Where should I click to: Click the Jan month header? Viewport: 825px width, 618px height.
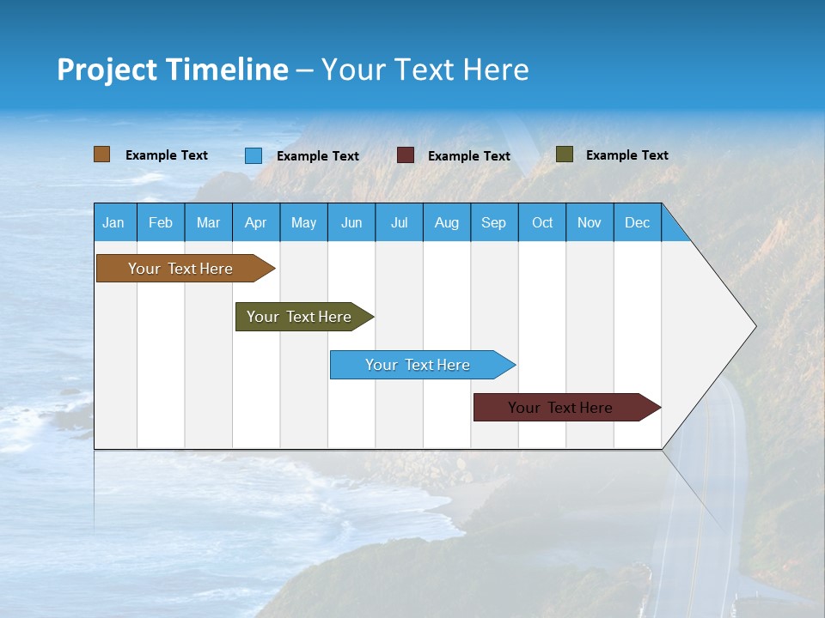coord(114,222)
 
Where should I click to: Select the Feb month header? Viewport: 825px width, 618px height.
coord(161,222)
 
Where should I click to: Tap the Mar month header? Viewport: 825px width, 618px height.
coord(208,222)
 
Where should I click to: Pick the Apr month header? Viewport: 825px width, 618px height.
coord(256,222)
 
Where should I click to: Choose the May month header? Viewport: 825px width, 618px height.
coord(303,222)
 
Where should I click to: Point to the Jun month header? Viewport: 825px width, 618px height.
coord(351,222)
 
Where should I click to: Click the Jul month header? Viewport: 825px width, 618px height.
coord(399,222)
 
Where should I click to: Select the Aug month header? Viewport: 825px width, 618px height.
coord(447,222)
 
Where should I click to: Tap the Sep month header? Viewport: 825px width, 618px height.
coord(494,222)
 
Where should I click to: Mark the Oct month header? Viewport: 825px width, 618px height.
coord(542,222)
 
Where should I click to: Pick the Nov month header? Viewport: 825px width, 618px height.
coord(590,222)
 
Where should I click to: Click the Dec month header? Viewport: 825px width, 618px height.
coord(638,222)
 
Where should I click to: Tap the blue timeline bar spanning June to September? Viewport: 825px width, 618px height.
coord(419,365)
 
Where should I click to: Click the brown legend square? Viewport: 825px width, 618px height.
coord(102,154)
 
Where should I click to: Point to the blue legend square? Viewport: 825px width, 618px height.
coord(254,155)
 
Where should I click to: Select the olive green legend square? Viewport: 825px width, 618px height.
coord(565,154)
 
